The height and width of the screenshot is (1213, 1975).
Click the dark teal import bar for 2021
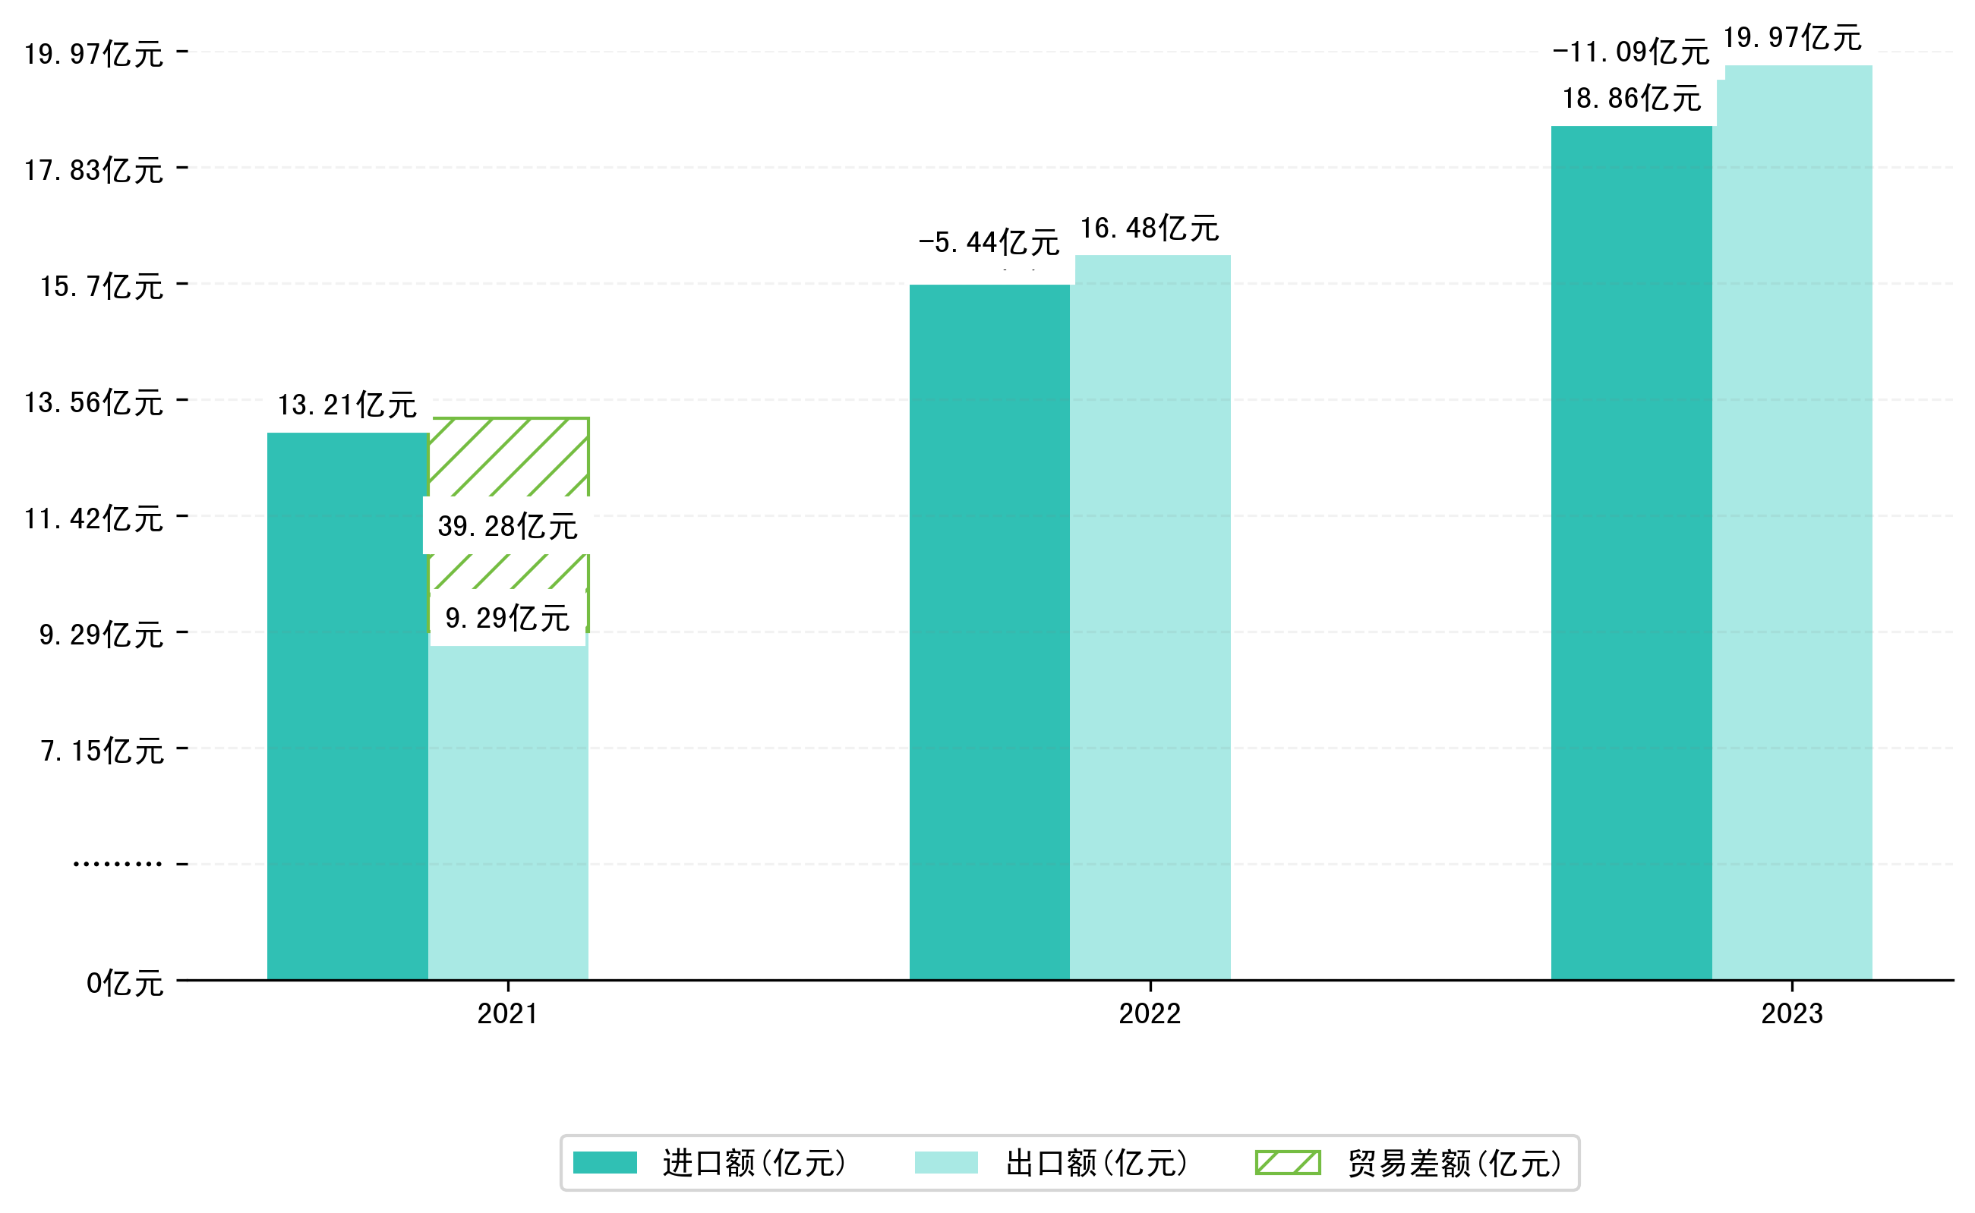347,706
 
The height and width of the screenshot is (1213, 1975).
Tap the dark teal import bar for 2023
1631,553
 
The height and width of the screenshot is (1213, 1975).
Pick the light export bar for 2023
1797,521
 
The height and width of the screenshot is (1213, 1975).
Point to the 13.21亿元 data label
347,405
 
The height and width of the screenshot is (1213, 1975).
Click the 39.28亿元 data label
507,526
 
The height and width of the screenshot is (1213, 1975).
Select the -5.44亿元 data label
989,242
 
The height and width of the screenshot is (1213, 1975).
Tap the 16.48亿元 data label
1149,228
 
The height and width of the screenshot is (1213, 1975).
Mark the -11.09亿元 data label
1631,52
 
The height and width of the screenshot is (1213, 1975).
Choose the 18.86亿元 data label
1631,99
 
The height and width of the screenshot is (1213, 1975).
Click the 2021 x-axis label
507,1014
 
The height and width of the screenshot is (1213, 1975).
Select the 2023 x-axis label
1791,1014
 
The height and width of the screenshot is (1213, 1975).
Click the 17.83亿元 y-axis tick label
94,170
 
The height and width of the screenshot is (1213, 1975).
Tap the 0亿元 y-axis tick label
125,984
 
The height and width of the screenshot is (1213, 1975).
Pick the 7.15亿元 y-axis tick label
102,751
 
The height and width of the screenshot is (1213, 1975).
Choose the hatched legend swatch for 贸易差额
1287,1162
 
